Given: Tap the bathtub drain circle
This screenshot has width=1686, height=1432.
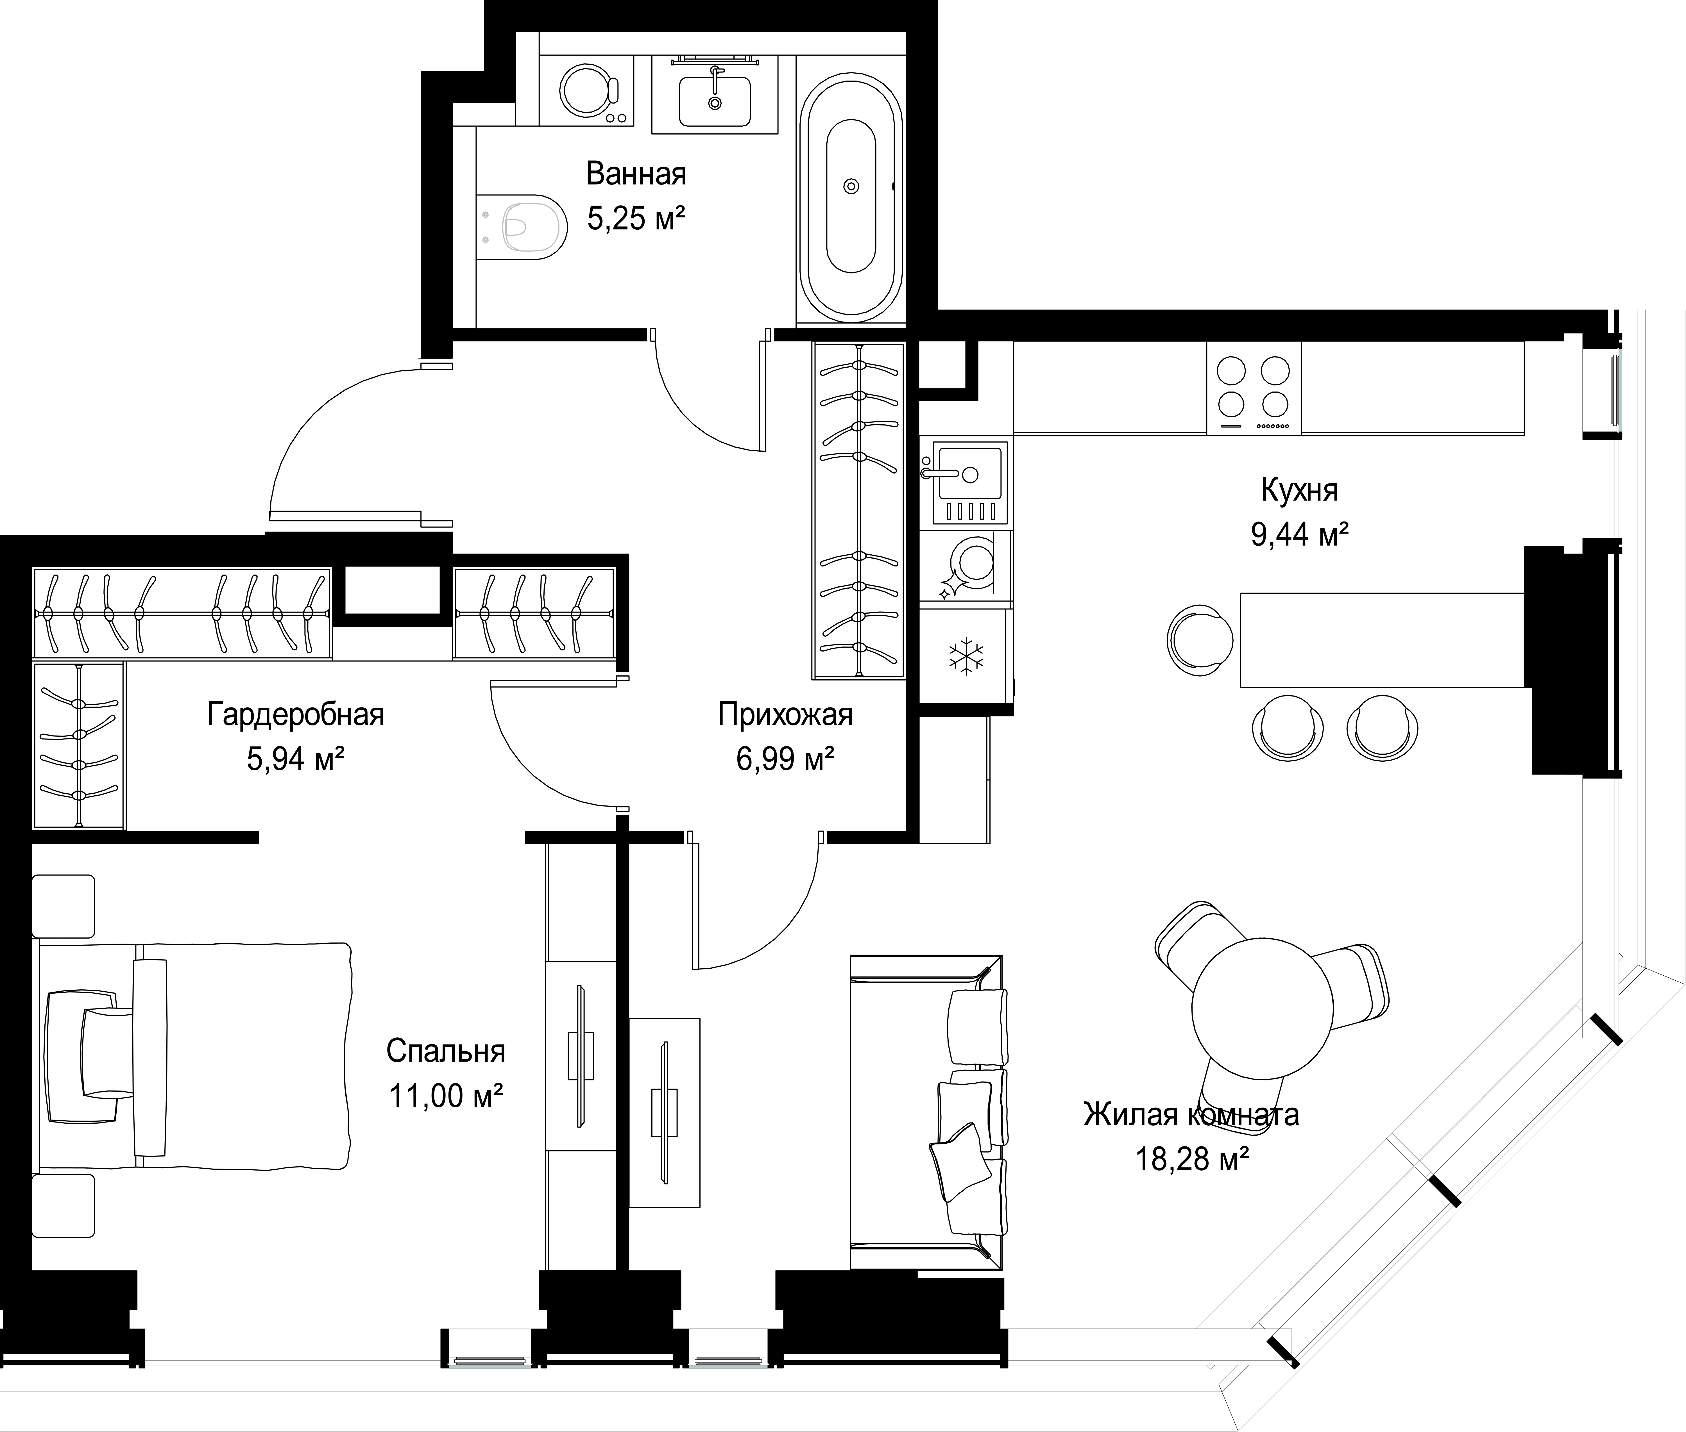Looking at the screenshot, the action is pyautogui.click(x=851, y=186).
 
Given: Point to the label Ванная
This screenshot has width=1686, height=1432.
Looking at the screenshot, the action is pyautogui.click(x=636, y=174).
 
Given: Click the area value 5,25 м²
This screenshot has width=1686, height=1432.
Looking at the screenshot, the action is pyautogui.click(x=636, y=218).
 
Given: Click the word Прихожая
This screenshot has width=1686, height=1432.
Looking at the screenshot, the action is pyautogui.click(x=785, y=714).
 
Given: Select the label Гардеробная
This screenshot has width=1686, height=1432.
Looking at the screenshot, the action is pyautogui.click(x=296, y=714).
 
